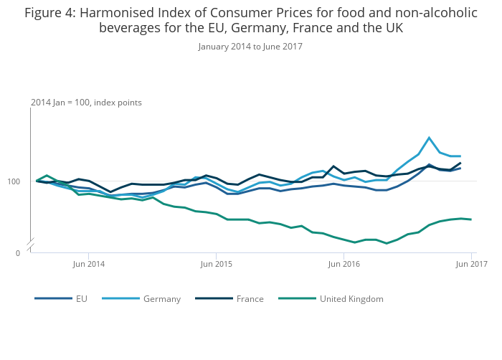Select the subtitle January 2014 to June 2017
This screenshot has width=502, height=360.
[x=250, y=47]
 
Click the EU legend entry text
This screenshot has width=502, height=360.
[x=82, y=299]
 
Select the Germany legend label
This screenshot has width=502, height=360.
[x=162, y=299]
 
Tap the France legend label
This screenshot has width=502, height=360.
[x=250, y=299]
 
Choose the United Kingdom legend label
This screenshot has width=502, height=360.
[x=351, y=299]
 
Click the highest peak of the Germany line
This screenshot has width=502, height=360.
[x=429, y=138]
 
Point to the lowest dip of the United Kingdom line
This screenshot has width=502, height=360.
[x=387, y=243]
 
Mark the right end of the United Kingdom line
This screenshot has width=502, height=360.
[x=471, y=219]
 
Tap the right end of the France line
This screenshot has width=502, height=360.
[x=460, y=164]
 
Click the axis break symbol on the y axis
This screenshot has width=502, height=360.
[x=30, y=246]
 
